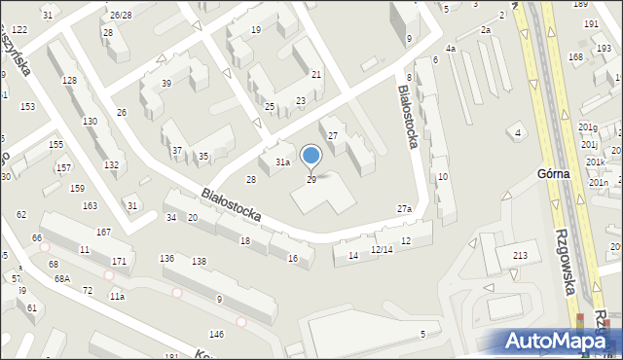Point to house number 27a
click(x=404, y=209)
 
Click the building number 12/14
click(x=381, y=250)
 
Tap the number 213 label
click(x=521, y=256)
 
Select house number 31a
click(x=282, y=162)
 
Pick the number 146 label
click(x=216, y=335)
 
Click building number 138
click(x=199, y=261)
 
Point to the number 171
click(x=119, y=262)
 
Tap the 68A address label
click(x=62, y=279)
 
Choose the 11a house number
click(x=117, y=296)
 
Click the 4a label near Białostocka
click(x=450, y=49)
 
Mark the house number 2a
click(x=486, y=30)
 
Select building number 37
click(x=176, y=151)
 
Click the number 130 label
click(x=90, y=122)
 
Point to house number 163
click(x=90, y=206)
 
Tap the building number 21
click(x=316, y=75)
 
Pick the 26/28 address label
click(x=121, y=16)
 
